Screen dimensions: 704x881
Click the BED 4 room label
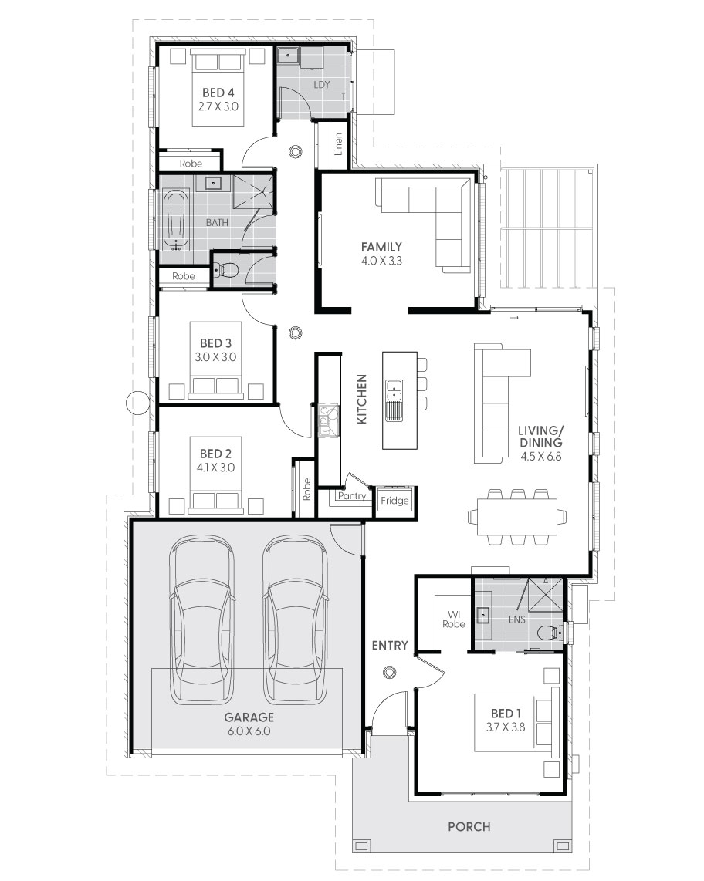[218, 93]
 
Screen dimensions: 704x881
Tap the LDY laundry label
[322, 85]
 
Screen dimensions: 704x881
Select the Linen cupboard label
[338, 143]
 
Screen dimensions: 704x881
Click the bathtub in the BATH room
[177, 221]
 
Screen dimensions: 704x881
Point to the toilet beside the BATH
[227, 271]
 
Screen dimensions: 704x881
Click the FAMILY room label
[381, 247]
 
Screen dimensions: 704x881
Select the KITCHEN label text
[361, 399]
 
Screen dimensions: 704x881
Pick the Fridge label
[394, 501]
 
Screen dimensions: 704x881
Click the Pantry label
[351, 496]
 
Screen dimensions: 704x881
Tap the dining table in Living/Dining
[517, 516]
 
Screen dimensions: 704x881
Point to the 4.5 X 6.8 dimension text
[540, 456]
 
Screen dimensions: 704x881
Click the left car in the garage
[202, 619]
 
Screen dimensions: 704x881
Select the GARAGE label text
[249, 717]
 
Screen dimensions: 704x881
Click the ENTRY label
[390, 646]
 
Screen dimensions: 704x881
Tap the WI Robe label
[454, 619]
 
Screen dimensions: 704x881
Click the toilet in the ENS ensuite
[550, 633]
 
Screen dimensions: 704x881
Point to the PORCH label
[469, 826]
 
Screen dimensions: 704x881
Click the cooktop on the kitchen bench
[328, 420]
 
